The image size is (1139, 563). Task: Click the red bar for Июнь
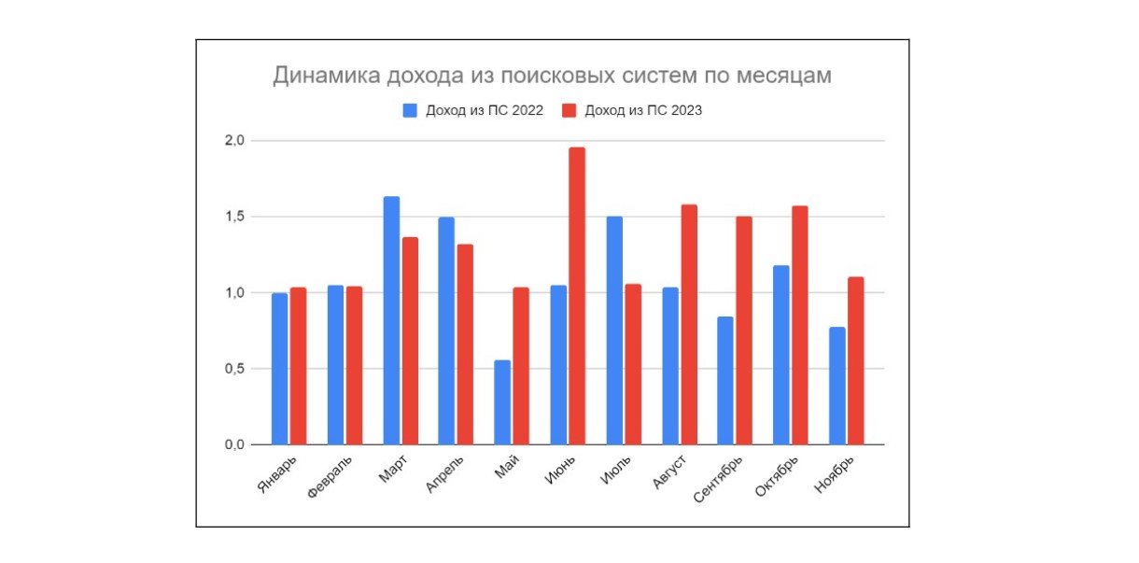[x=577, y=296]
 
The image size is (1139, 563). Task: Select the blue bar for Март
[x=391, y=320]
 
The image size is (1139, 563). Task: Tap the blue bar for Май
[x=502, y=401]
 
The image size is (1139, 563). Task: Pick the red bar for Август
[x=688, y=324]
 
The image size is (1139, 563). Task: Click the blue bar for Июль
[x=614, y=331]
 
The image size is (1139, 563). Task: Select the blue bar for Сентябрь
[x=725, y=380]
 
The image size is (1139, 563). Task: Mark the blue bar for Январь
[x=280, y=369]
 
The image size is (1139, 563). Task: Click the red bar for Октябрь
[x=800, y=325]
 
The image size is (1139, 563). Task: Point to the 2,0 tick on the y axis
[x=233, y=141]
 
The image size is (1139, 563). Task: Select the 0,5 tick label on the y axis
[x=233, y=369]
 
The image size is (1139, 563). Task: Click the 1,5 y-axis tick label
[x=233, y=217]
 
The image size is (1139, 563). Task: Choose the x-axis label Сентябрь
[x=720, y=479]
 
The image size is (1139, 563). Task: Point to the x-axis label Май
[x=507, y=467]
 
